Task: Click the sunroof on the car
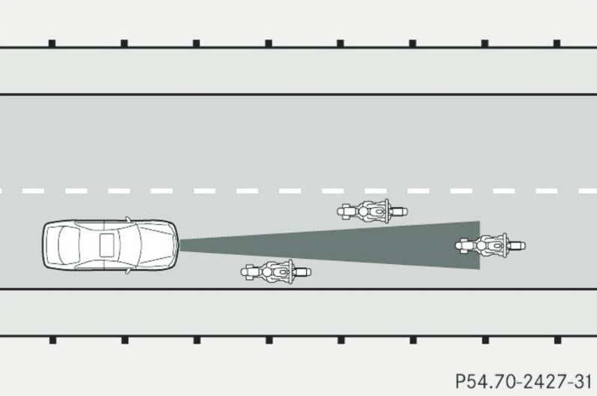click(106, 244)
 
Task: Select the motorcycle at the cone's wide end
click(490, 244)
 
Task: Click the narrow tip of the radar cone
click(183, 244)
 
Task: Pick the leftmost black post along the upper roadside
click(52, 43)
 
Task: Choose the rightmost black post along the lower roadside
click(556, 339)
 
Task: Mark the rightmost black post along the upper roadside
click(556, 43)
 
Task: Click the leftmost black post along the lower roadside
click(52, 339)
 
